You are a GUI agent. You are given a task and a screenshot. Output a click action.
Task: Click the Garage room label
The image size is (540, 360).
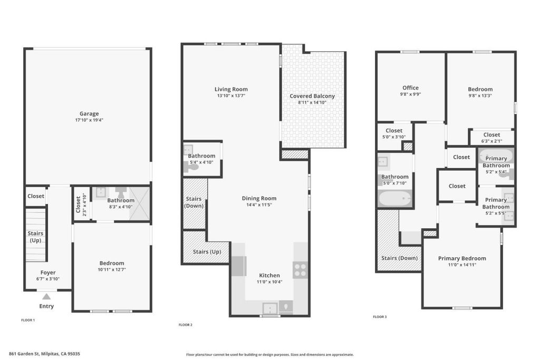89,113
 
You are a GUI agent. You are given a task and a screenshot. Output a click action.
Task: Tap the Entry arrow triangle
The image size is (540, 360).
46,297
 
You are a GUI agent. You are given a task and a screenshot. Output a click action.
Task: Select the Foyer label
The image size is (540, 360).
48,273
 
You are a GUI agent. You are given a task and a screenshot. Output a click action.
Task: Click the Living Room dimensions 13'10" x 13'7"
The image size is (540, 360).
231,96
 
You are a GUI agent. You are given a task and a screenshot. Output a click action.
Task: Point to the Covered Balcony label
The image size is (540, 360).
312,96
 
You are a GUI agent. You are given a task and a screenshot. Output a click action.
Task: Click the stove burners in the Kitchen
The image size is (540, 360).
300,270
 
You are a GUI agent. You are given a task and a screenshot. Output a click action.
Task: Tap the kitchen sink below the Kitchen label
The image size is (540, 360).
270,308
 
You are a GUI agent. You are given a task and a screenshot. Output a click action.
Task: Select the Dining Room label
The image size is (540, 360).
259,198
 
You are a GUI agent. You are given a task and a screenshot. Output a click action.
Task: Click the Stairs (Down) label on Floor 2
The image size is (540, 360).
194,202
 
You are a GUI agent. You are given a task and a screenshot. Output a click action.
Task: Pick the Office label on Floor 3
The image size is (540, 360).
410,88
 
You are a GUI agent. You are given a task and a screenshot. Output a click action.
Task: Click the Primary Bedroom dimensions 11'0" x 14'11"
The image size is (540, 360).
462,265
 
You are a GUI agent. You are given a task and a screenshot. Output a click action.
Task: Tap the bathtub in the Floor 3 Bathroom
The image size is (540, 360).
394,199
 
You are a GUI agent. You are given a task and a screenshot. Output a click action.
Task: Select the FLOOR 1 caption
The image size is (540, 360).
28,320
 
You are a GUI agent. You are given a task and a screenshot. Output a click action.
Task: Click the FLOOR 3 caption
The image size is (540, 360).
380,317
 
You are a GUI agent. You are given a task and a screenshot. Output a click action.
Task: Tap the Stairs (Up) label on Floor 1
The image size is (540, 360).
35,237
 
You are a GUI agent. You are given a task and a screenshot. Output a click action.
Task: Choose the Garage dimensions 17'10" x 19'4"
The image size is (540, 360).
89,120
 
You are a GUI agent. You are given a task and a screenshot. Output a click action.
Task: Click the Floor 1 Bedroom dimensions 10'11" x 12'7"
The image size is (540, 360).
112,269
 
